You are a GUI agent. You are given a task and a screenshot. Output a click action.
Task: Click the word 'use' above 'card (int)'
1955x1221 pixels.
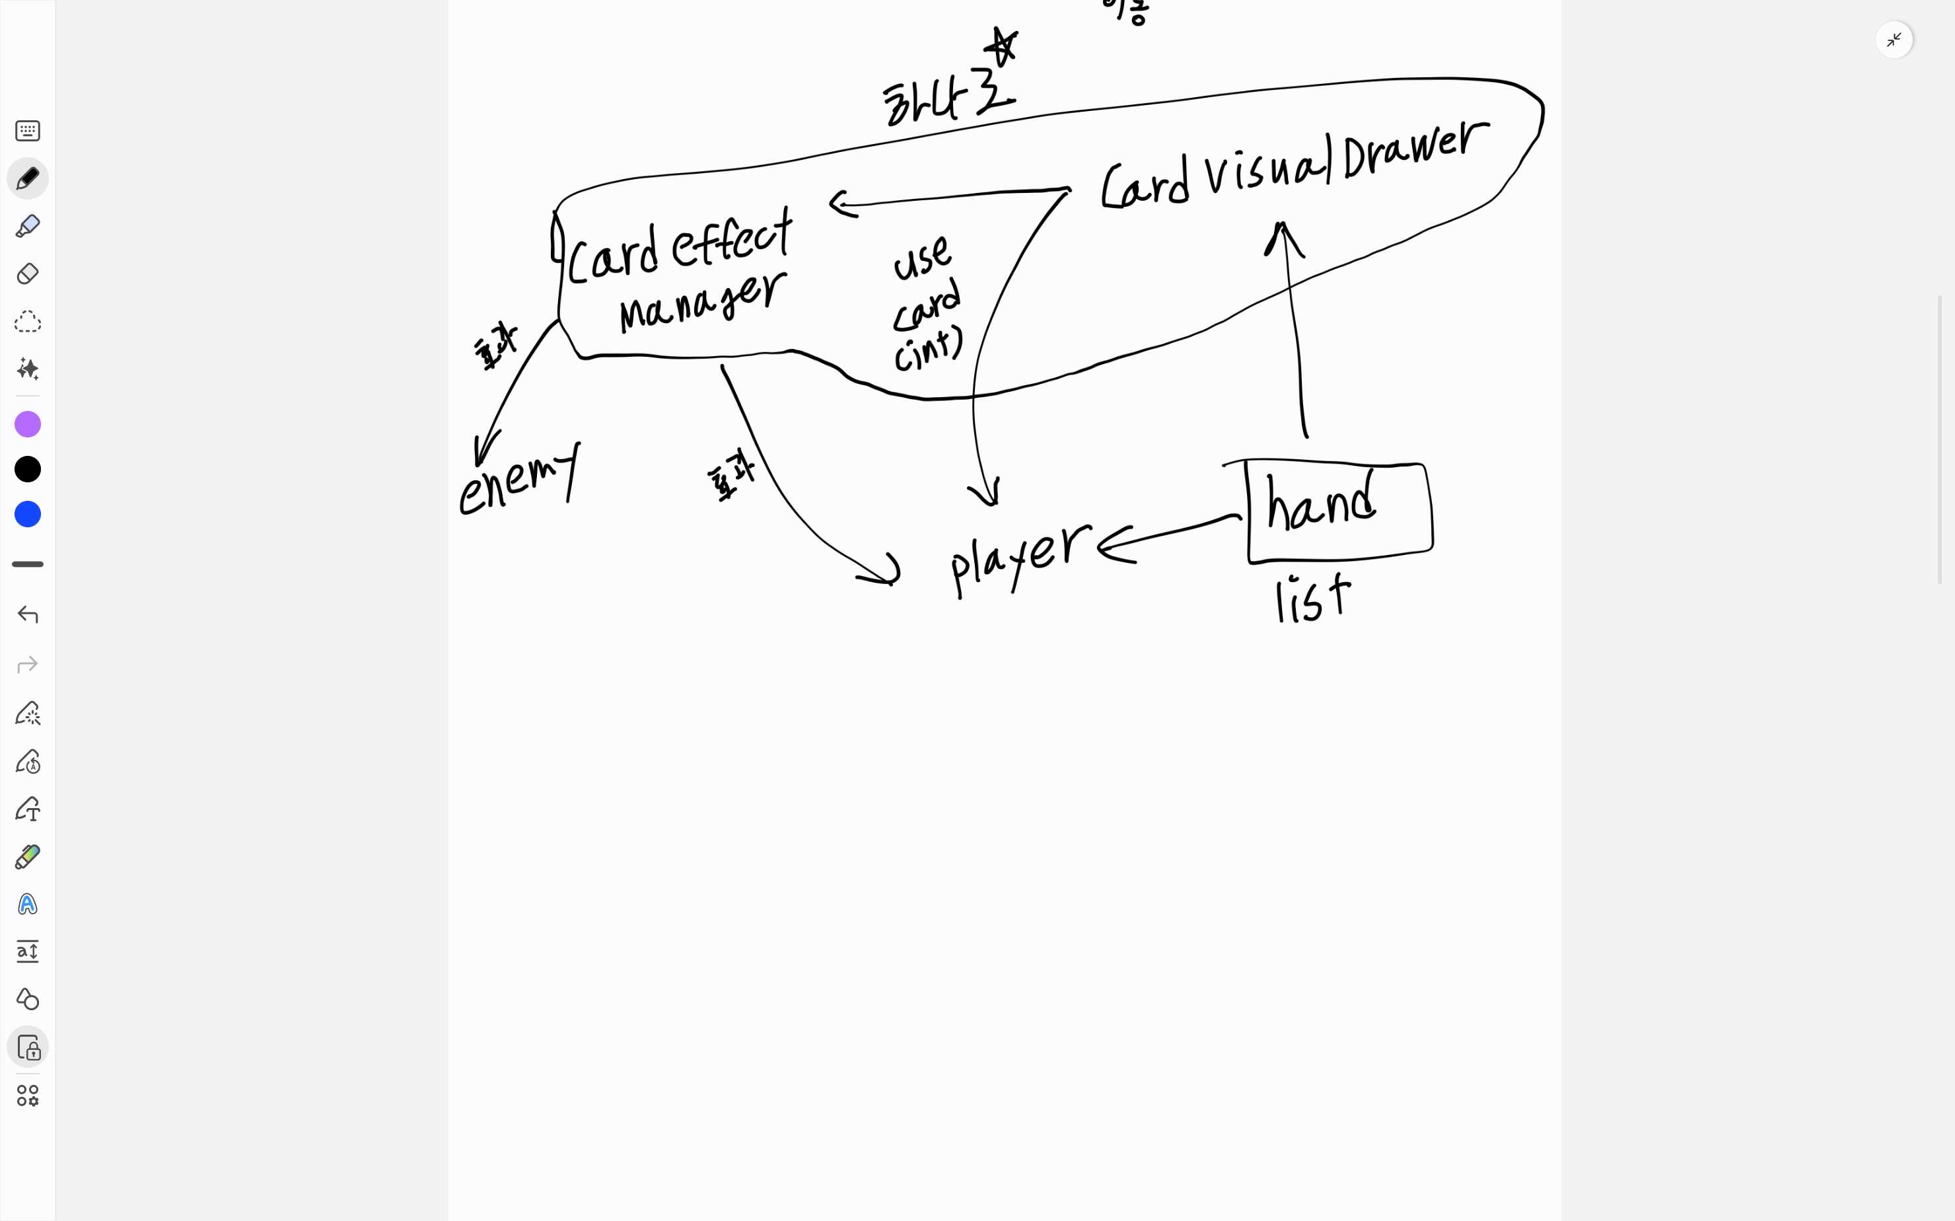coord(922,258)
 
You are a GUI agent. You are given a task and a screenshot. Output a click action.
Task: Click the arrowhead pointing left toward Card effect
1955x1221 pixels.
coord(839,203)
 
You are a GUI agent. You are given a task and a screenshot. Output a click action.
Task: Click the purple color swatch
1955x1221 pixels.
coord(28,424)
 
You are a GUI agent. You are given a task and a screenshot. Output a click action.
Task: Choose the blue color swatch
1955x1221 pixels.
coord(28,515)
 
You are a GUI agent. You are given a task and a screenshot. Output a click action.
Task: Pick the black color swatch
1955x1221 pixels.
coord(28,469)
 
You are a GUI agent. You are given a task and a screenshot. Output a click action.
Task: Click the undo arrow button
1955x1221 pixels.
coord(28,614)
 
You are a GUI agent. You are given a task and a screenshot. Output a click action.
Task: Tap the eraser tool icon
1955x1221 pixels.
coord(28,274)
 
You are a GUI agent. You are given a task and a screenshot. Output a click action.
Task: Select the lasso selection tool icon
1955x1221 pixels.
coord(28,321)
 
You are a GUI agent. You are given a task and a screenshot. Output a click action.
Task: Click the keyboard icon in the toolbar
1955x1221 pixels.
coord(28,131)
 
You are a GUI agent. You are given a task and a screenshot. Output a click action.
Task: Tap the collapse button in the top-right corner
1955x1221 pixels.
coord(1894,40)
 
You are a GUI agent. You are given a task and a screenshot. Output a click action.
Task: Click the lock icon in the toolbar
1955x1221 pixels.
coord(28,1047)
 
